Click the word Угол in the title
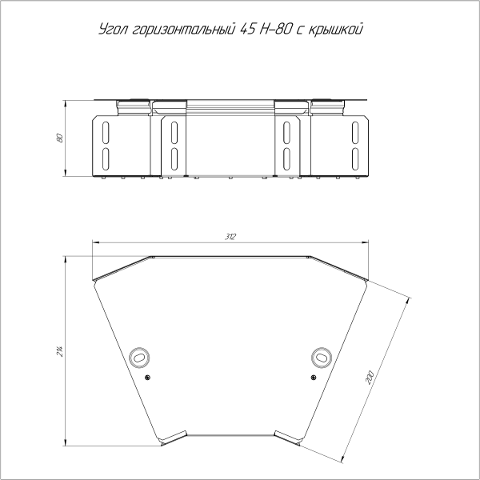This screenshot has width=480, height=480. [x=114, y=30]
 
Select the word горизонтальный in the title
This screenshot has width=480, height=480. [x=185, y=30]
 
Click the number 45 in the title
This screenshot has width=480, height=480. [x=248, y=30]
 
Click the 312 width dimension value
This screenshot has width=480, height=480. [x=230, y=237]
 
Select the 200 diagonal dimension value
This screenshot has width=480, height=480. [x=370, y=378]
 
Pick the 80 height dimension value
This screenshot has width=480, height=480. [x=60, y=138]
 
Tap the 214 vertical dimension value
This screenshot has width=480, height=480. [x=59, y=351]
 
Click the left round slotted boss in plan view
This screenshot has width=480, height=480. [x=139, y=358]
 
